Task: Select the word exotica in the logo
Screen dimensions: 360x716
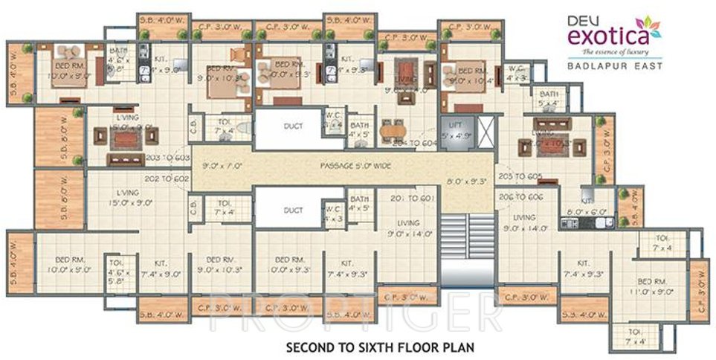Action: [611, 33]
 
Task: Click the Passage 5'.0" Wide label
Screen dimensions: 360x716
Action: [355, 165]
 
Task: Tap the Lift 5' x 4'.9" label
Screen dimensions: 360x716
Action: [456, 132]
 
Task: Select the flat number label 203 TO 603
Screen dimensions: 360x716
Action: [170, 158]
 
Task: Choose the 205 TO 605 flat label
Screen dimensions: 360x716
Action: [522, 177]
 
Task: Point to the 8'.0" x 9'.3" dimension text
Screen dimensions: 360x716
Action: [466, 179]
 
